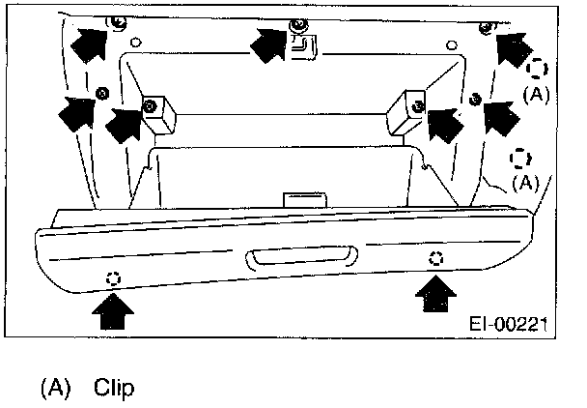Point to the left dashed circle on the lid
114,278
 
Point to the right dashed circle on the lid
435,257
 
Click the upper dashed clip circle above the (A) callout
538,68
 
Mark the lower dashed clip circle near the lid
521,158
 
